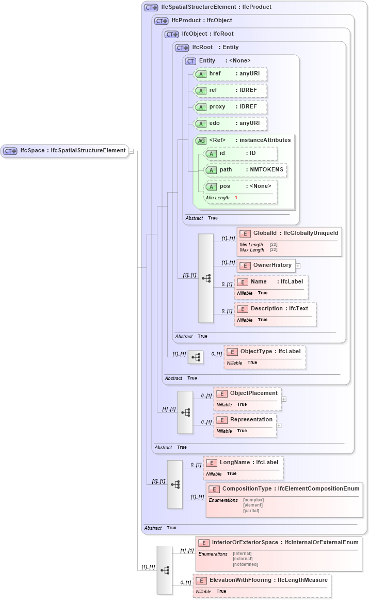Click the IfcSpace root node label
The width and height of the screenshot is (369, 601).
point(65,151)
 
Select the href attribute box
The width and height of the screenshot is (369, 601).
point(230,74)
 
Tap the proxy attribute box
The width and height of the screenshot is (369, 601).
point(230,107)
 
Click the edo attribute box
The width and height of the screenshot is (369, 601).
point(230,123)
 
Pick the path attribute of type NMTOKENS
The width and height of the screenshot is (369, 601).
point(245,170)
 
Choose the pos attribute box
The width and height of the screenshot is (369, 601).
point(240,186)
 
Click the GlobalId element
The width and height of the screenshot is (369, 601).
point(289,234)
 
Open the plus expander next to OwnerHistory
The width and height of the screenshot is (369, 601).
point(298,266)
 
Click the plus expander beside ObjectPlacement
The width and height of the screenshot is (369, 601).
point(284,399)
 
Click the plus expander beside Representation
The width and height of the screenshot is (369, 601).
point(279,425)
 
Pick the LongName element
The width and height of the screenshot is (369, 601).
point(243,462)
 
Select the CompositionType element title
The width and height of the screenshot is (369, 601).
point(284,488)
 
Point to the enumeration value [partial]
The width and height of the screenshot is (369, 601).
point(251,511)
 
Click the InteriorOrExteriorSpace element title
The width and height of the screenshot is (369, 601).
point(279,543)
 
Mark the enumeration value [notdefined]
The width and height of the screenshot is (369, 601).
point(246,564)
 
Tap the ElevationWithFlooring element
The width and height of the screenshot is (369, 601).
point(262,580)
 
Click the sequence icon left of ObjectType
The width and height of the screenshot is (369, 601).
point(196,357)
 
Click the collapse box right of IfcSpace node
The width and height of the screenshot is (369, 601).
point(132,151)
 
